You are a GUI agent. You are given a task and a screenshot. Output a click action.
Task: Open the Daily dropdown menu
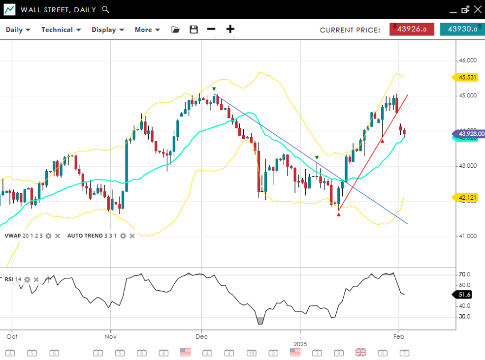(x=18, y=30)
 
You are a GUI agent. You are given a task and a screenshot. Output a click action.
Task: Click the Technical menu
(x=61, y=30)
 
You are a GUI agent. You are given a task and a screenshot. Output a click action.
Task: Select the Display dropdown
(x=107, y=30)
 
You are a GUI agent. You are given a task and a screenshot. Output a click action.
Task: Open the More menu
(x=147, y=30)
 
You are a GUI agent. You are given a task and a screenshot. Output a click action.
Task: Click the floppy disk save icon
(x=194, y=30)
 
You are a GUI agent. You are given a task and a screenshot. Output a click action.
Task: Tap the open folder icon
(x=175, y=30)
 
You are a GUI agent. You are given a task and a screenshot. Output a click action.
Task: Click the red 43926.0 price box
(x=412, y=29)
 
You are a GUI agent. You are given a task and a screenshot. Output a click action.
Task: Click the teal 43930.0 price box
(x=462, y=29)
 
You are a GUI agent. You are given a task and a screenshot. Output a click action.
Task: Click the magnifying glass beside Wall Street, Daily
(x=105, y=9)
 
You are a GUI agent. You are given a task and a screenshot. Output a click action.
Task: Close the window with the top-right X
(x=477, y=9)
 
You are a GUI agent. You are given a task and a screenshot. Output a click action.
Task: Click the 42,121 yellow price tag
(x=466, y=197)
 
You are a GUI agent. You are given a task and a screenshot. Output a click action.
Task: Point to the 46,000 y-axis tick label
(x=468, y=60)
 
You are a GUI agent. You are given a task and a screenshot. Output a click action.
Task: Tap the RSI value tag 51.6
(x=465, y=295)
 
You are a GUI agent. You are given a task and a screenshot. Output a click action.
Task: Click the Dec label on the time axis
(x=201, y=337)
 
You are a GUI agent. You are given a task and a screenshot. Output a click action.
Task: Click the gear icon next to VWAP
(x=48, y=236)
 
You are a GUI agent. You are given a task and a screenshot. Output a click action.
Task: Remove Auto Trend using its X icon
(x=131, y=236)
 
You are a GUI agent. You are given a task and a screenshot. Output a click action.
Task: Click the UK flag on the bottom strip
(x=361, y=352)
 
